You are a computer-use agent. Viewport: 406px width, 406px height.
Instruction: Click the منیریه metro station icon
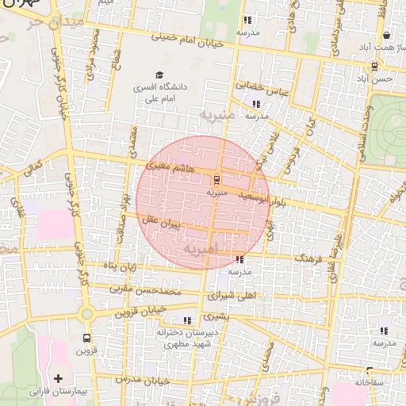point(216,179)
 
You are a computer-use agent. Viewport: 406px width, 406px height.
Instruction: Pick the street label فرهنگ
point(310,259)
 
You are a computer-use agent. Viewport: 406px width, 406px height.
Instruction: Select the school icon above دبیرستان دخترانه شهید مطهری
point(187,320)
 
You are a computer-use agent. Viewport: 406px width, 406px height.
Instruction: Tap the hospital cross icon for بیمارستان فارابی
point(58,379)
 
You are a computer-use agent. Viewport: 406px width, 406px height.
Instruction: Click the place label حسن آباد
point(374,79)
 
